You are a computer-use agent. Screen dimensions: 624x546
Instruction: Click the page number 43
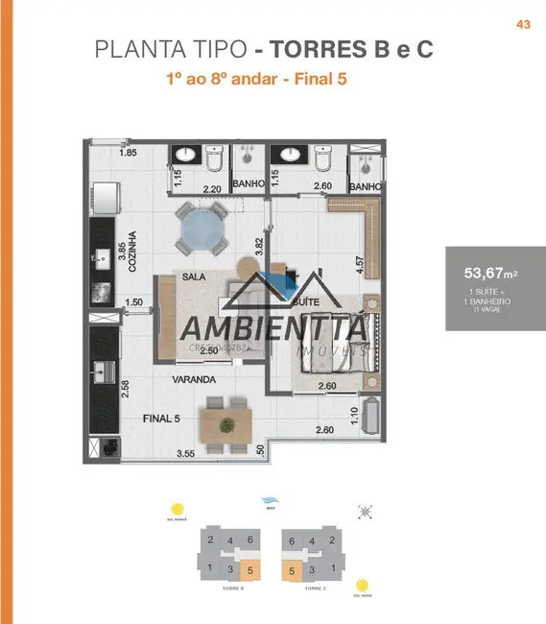(523, 25)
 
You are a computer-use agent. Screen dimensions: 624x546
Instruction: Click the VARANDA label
(194, 379)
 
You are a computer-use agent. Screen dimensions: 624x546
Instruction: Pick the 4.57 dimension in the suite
(359, 263)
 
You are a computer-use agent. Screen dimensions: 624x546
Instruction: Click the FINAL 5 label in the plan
(162, 419)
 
